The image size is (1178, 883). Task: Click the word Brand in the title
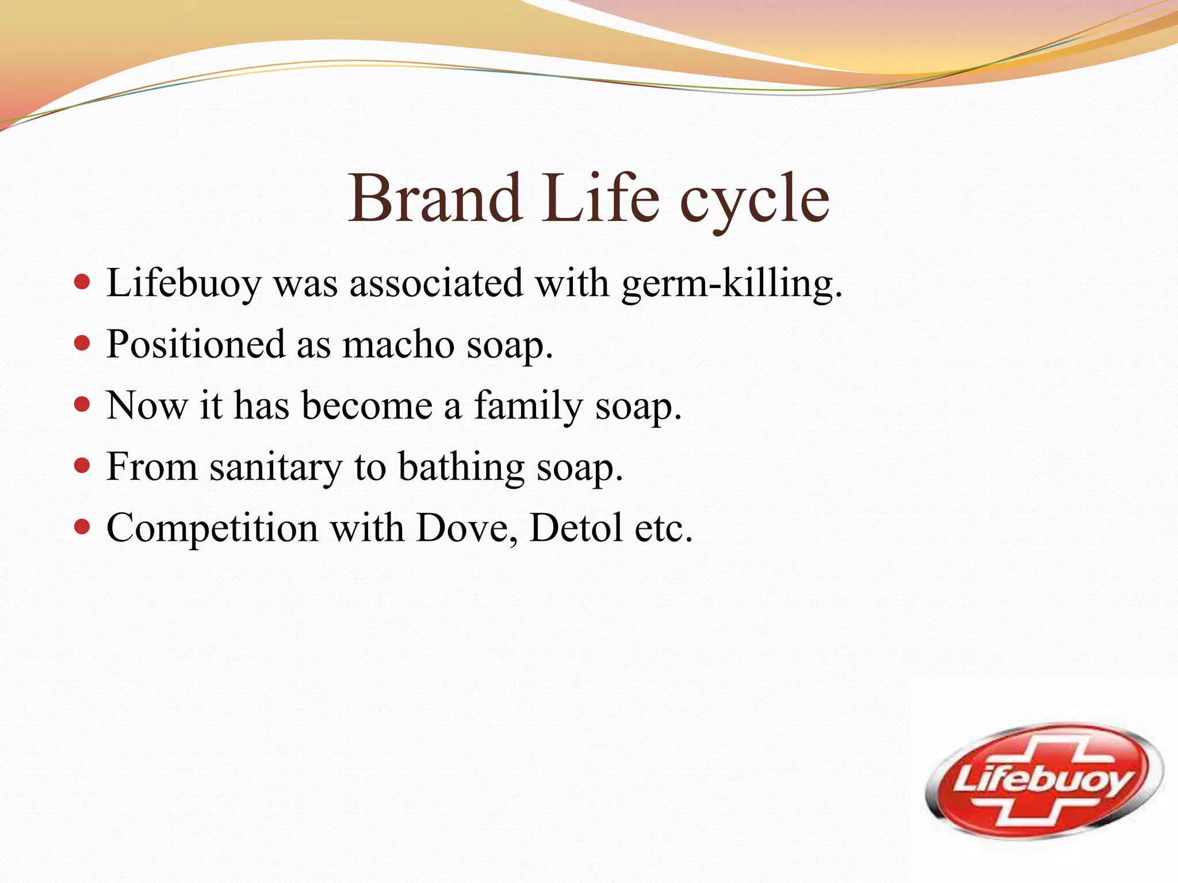point(435,198)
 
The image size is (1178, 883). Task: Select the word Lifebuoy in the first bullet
point(183,283)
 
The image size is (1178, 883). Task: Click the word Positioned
point(196,345)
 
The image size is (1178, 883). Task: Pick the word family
point(528,406)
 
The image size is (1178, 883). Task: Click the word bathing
point(461,467)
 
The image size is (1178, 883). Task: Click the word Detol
point(576,528)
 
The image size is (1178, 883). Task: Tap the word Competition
point(212,528)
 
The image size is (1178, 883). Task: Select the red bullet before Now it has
point(83,404)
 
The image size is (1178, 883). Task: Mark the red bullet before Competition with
point(83,527)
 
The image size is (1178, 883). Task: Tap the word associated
point(437,283)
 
